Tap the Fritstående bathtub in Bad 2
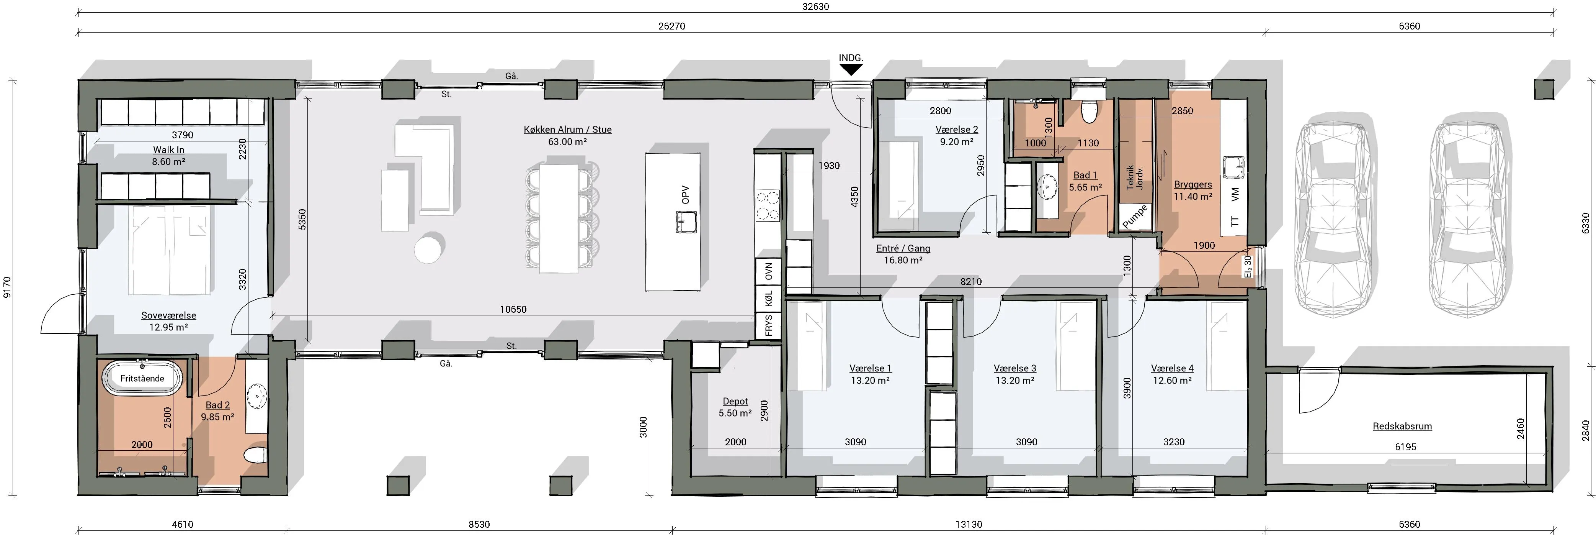click(142, 378)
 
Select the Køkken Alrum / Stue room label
click(567, 130)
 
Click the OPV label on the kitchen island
click(685, 195)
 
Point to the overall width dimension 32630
click(815, 7)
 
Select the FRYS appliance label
click(769, 325)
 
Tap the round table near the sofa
click(429, 248)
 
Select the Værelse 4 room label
click(1172, 368)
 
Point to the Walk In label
click(168, 150)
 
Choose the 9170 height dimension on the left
click(7, 288)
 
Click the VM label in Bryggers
click(1235, 195)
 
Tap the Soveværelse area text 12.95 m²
click(168, 327)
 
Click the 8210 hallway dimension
click(971, 281)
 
